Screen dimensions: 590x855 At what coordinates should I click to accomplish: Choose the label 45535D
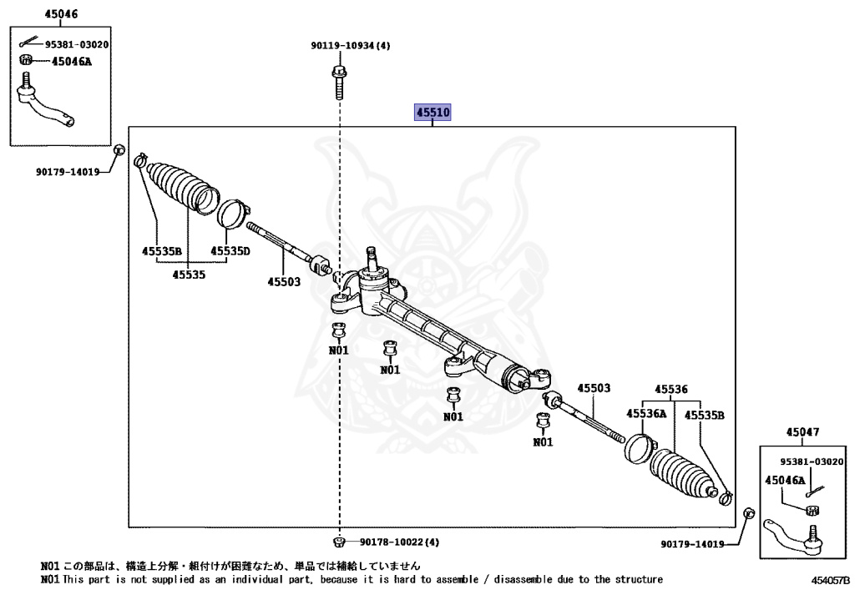230,250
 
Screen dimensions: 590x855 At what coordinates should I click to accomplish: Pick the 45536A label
646,413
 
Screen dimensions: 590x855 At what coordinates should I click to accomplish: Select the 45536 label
670,389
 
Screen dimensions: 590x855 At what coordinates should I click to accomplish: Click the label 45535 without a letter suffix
190,274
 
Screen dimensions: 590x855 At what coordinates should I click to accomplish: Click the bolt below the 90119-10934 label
339,82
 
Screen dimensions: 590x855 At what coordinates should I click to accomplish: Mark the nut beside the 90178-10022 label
340,542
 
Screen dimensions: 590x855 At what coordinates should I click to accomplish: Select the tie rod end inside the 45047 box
798,537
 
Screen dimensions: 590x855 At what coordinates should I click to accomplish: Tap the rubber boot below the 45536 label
682,476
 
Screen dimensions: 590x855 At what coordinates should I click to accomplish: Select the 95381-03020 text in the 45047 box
812,461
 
